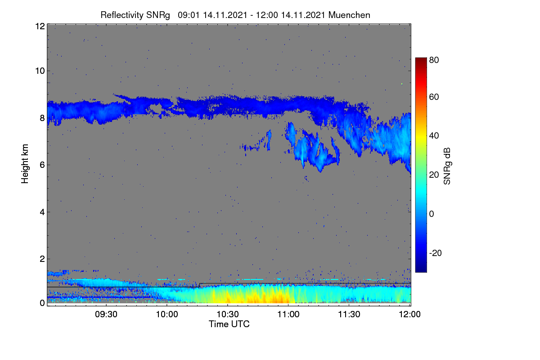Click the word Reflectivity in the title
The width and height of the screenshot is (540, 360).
pyautogui.click(x=122, y=15)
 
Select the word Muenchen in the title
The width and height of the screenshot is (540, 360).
pyautogui.click(x=349, y=15)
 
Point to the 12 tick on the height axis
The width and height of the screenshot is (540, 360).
pyautogui.click(x=40, y=26)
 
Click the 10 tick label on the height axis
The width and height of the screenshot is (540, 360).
pyautogui.click(x=40, y=71)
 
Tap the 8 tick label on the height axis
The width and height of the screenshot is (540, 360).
pyautogui.click(x=42, y=118)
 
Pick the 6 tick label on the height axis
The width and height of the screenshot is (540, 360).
pyautogui.click(x=42, y=165)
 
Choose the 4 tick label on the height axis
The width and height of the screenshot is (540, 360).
pyautogui.click(x=42, y=212)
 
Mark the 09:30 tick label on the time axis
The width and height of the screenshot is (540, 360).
pyautogui.click(x=106, y=314)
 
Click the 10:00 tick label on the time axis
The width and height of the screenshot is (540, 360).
pyautogui.click(x=167, y=314)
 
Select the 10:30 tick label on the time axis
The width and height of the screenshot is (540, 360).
pyautogui.click(x=228, y=314)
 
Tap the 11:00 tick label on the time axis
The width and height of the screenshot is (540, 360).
pyautogui.click(x=288, y=314)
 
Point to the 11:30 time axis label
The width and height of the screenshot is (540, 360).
pyautogui.click(x=349, y=314)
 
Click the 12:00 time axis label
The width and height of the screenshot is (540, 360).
pyautogui.click(x=409, y=314)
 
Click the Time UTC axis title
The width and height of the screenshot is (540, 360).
pyautogui.click(x=229, y=324)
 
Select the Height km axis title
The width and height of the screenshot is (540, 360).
pyautogui.click(x=25, y=164)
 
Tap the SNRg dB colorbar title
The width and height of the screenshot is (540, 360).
pyautogui.click(x=447, y=166)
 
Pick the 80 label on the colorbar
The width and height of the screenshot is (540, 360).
pyautogui.click(x=434, y=60)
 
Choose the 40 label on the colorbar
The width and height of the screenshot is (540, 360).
pyautogui.click(x=434, y=136)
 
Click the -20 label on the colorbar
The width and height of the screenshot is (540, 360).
pyautogui.click(x=436, y=253)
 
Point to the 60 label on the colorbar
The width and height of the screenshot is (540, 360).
pyautogui.click(x=434, y=97)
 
